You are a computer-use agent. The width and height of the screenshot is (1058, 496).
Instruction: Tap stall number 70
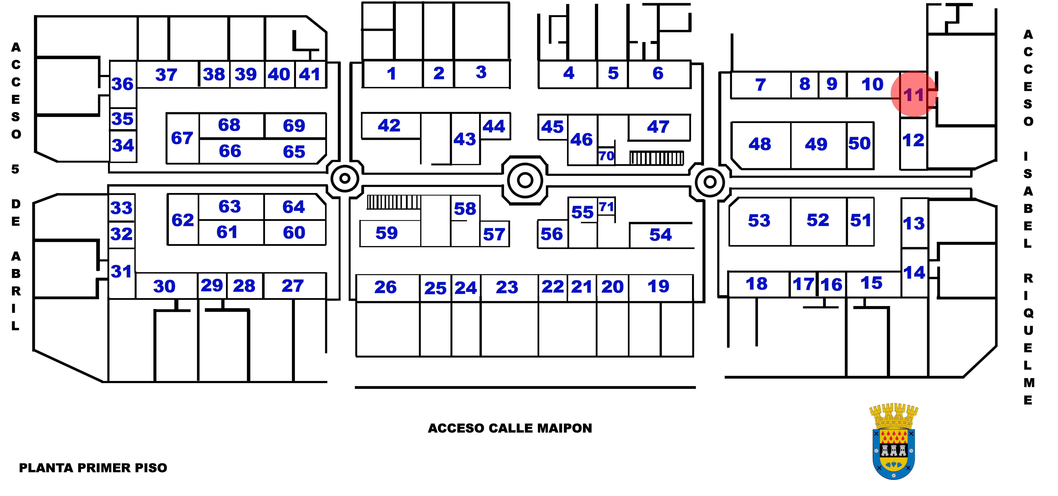pyautogui.click(x=606, y=156)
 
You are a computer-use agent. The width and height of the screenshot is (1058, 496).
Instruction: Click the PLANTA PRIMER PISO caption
pyautogui.click(x=93, y=468)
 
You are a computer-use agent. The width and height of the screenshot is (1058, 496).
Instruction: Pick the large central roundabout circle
pyautogui.click(x=525, y=180)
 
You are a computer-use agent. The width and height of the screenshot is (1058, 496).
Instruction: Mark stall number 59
pyautogui.click(x=386, y=233)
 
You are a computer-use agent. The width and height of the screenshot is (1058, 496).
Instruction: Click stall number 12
pyautogui.click(x=913, y=140)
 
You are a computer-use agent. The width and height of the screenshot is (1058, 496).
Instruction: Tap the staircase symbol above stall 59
pyautogui.click(x=394, y=202)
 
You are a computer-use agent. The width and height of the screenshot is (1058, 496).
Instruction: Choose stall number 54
pyautogui.click(x=660, y=235)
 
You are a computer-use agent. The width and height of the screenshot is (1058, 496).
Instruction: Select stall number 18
pyautogui.click(x=757, y=284)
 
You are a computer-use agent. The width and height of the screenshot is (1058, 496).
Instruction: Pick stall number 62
pyautogui.click(x=183, y=220)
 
